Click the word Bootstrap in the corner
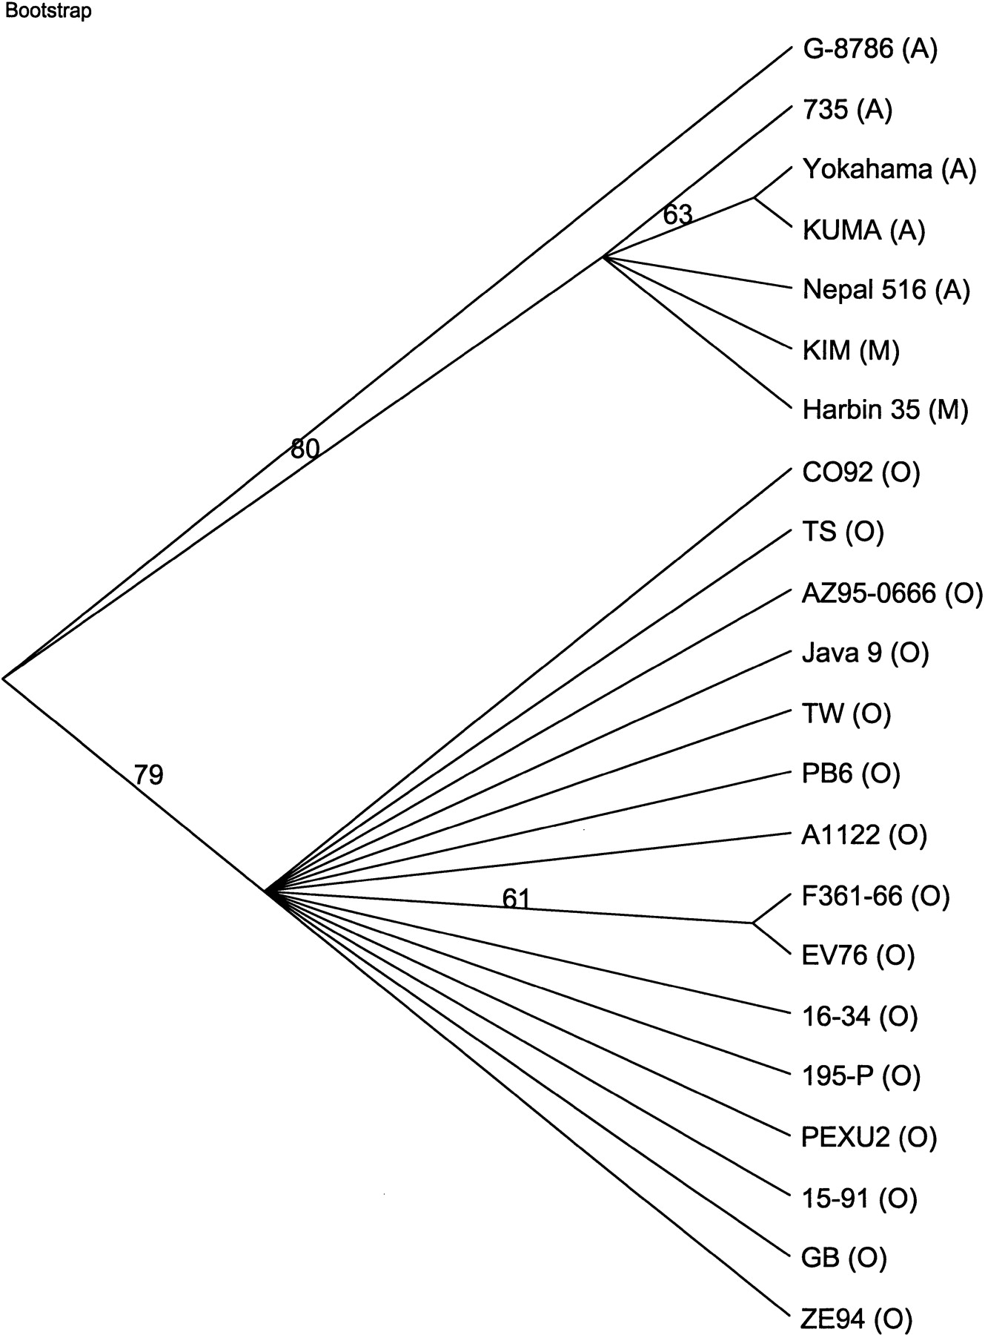47,12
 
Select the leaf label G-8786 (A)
870,50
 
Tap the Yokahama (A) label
889,170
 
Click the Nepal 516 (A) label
886,289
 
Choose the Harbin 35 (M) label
885,410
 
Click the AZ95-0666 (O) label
892,593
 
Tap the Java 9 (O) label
865,653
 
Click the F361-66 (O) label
875,896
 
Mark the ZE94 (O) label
857,1318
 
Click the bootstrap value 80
305,448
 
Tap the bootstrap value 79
147,774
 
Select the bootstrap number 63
677,214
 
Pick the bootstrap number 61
516,898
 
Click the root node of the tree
4,677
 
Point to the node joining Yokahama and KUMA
754,198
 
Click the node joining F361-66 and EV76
753,923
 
